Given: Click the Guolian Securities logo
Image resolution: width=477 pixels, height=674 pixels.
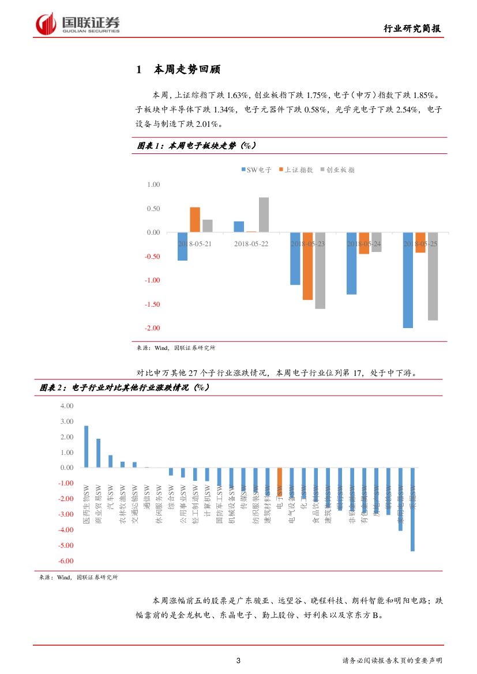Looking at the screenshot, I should [x=77, y=24].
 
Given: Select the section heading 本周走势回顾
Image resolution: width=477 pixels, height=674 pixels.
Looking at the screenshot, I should [x=187, y=70].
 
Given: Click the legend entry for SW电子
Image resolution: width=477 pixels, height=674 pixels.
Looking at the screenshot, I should [x=256, y=170].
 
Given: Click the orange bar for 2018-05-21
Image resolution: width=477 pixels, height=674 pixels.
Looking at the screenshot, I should [x=195, y=220].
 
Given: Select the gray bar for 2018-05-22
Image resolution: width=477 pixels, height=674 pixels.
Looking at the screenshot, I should [x=264, y=214].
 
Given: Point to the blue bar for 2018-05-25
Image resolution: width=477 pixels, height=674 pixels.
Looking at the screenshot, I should [x=408, y=280].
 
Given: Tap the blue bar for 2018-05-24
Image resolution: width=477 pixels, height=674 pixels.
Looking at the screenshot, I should [x=351, y=263].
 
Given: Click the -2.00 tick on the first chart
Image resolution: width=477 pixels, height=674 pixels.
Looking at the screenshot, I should [x=153, y=328].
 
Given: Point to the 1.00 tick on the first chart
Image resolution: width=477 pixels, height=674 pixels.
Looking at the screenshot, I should [x=153, y=184].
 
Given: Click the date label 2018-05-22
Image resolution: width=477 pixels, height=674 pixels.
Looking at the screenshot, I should [x=251, y=244].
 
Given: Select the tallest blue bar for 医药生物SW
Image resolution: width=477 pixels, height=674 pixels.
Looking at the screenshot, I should [x=87, y=447].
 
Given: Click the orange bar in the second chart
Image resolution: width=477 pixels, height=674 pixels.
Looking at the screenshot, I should [x=280, y=481].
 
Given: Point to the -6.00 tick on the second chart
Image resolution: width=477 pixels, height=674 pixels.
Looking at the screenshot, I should [x=66, y=561].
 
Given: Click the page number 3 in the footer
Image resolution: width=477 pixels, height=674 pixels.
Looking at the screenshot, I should [x=238, y=660].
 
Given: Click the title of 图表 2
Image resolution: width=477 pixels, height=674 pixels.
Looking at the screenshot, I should [x=124, y=387].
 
